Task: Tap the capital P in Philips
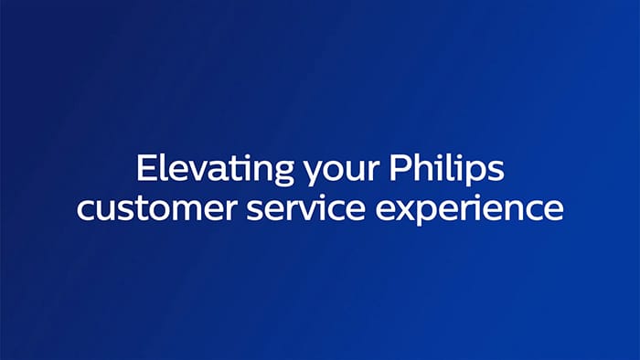(x=398, y=170)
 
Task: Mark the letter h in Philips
(x=418, y=169)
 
